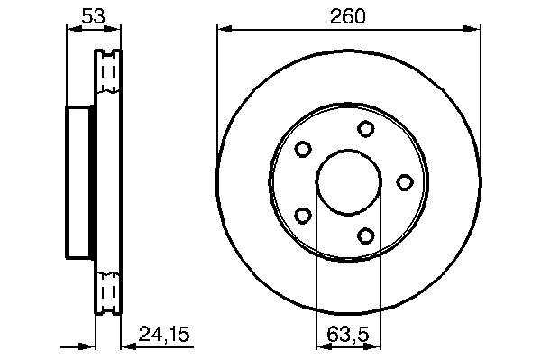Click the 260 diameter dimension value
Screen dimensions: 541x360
(347, 16)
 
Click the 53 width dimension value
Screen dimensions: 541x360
(93, 16)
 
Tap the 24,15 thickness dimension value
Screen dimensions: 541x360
(164, 334)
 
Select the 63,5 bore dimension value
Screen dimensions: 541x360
(348, 334)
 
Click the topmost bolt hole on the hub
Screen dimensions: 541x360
(365, 128)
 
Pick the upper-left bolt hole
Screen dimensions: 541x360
(303, 149)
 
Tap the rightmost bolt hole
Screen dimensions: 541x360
(404, 182)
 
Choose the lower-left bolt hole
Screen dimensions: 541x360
(303, 216)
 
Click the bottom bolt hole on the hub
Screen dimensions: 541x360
(365, 236)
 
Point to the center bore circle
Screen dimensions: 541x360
(349, 151)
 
